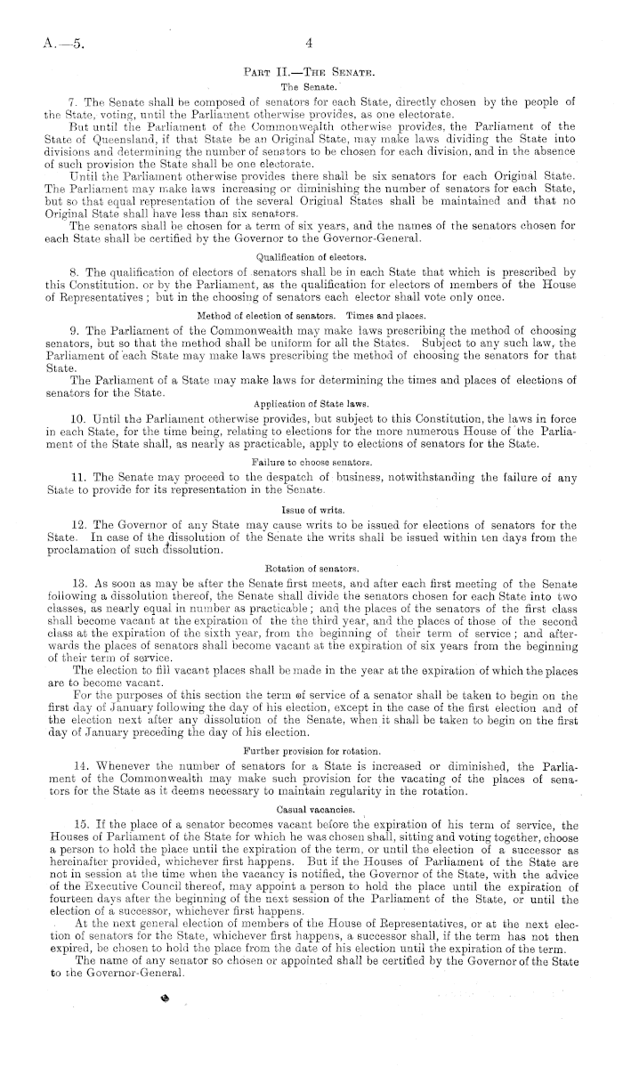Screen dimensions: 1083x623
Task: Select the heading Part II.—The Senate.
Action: [310, 70]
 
